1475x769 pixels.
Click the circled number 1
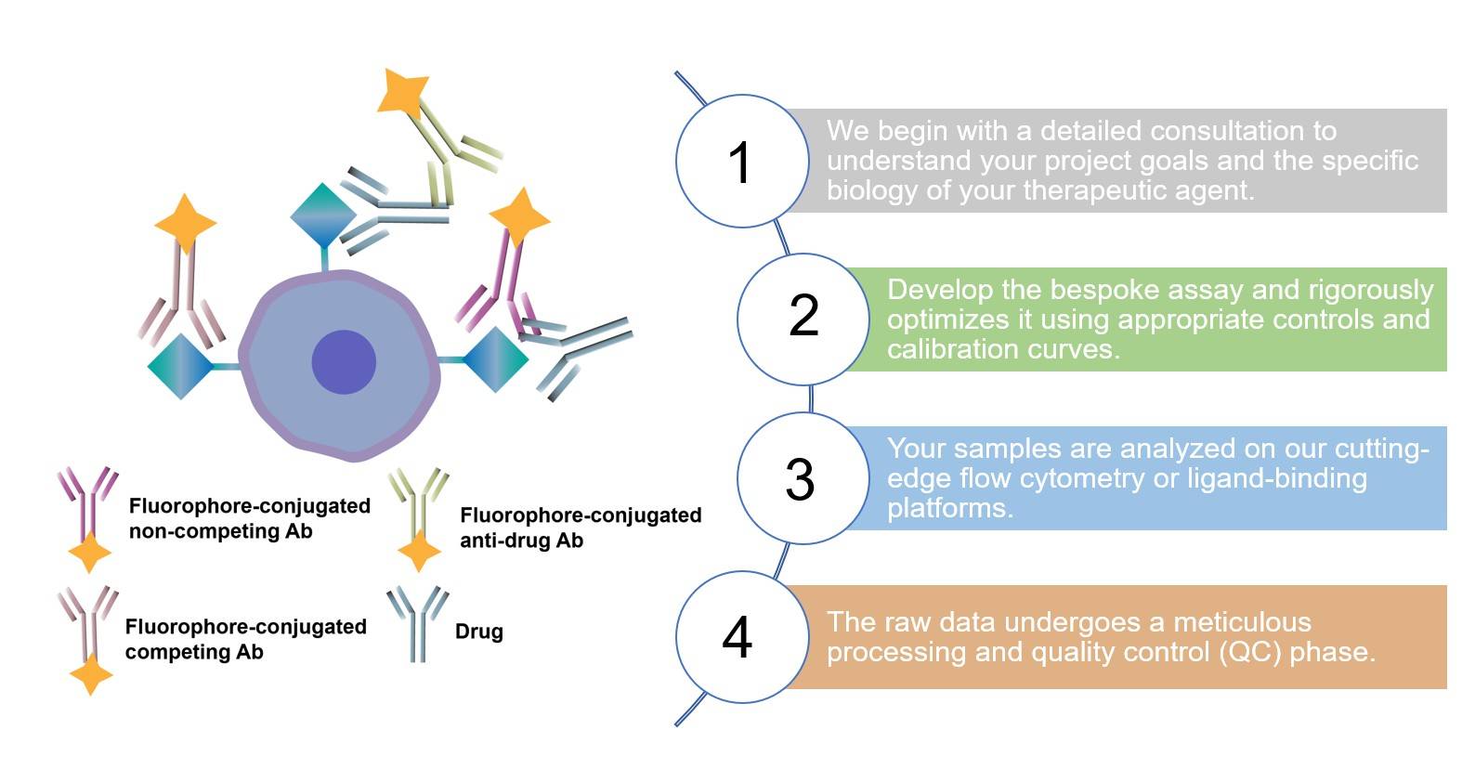coord(740,163)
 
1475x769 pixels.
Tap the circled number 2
coord(803,316)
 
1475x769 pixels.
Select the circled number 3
coord(800,479)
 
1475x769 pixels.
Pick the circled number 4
coord(737,638)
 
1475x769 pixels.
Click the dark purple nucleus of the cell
coord(344,362)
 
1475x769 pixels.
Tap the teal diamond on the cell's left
coord(180,366)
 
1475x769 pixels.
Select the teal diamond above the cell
coord(323,215)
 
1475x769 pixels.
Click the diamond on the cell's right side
coord(495,359)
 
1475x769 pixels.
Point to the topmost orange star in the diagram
coord(403,93)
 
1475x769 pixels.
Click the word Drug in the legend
coord(479,632)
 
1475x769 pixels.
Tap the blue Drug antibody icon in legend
coord(417,622)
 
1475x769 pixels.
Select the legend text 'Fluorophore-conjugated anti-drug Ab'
coord(580,528)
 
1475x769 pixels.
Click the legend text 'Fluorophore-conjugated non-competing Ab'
coord(249,518)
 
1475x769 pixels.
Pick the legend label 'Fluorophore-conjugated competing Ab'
coord(245,639)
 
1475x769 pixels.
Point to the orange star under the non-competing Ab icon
coord(90,554)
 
